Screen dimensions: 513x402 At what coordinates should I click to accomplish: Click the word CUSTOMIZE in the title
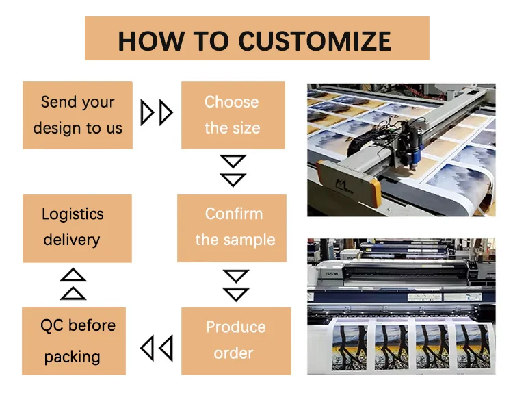click(x=315, y=41)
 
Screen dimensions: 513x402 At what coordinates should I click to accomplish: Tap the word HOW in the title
click(x=151, y=41)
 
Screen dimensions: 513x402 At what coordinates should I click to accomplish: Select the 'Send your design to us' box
click(x=77, y=115)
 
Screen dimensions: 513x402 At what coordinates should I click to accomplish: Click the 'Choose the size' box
click(x=233, y=115)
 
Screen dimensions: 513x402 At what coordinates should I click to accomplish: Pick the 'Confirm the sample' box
click(x=232, y=228)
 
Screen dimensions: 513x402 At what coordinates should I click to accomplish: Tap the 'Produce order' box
click(x=236, y=341)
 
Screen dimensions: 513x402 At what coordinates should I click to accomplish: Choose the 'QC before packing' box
click(x=74, y=341)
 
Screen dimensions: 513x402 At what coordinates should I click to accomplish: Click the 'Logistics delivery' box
click(x=77, y=228)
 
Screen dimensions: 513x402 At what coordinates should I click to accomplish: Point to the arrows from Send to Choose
click(x=157, y=113)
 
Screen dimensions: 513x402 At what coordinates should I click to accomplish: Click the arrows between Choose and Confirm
click(x=233, y=171)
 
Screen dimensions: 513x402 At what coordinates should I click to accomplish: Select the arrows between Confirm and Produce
click(x=236, y=286)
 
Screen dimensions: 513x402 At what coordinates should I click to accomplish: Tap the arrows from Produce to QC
click(x=157, y=348)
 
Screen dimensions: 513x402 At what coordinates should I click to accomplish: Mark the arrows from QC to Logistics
click(x=73, y=284)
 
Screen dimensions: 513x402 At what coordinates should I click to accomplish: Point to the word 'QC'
click(x=53, y=326)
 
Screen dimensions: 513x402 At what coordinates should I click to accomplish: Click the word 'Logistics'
click(x=73, y=214)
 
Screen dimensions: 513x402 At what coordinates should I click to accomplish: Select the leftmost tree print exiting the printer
click(x=349, y=347)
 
